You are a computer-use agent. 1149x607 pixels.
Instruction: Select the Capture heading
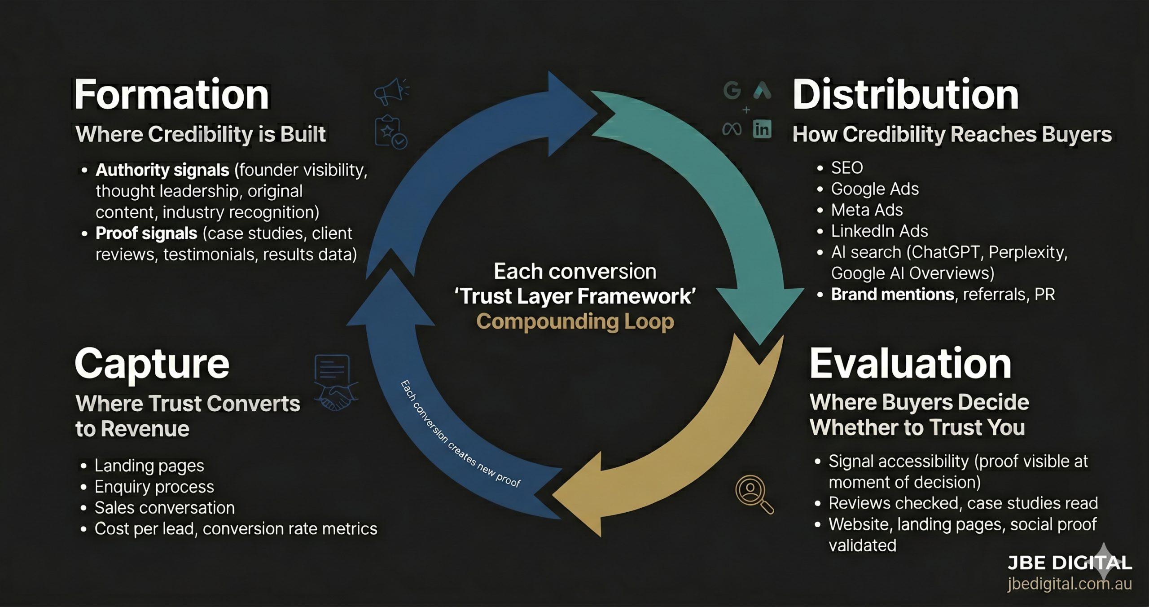point(152,364)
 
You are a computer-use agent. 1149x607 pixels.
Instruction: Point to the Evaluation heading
point(910,364)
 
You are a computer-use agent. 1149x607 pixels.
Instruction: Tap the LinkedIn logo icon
point(762,130)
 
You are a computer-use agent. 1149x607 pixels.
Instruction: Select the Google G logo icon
point(732,90)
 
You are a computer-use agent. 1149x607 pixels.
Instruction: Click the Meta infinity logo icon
point(732,130)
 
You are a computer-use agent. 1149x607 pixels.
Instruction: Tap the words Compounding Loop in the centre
point(575,321)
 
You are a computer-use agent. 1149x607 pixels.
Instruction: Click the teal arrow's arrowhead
point(759,314)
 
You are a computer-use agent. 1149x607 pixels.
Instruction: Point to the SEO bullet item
point(846,168)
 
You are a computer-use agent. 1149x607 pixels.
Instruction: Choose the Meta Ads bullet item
point(867,210)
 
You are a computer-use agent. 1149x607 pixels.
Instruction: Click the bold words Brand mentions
point(892,295)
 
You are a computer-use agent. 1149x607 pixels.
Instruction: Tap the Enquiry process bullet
point(154,487)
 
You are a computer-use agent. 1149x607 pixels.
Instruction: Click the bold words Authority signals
point(162,170)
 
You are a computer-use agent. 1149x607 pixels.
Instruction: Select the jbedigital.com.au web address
point(1069,584)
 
